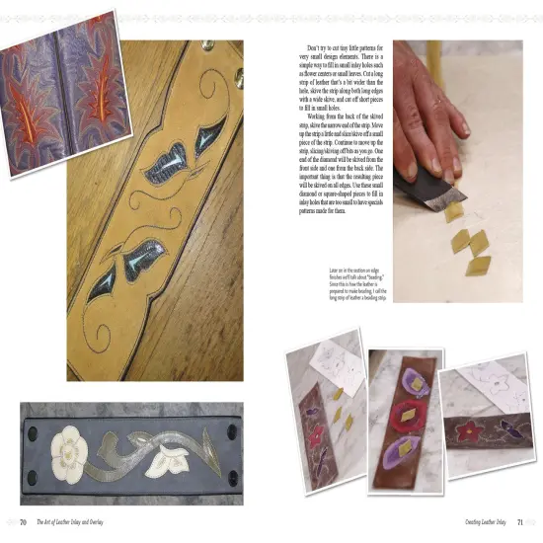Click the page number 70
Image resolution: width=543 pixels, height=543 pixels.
(22, 521)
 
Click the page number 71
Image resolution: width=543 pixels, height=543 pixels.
(520, 521)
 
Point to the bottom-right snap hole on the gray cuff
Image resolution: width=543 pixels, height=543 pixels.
(234, 481)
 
